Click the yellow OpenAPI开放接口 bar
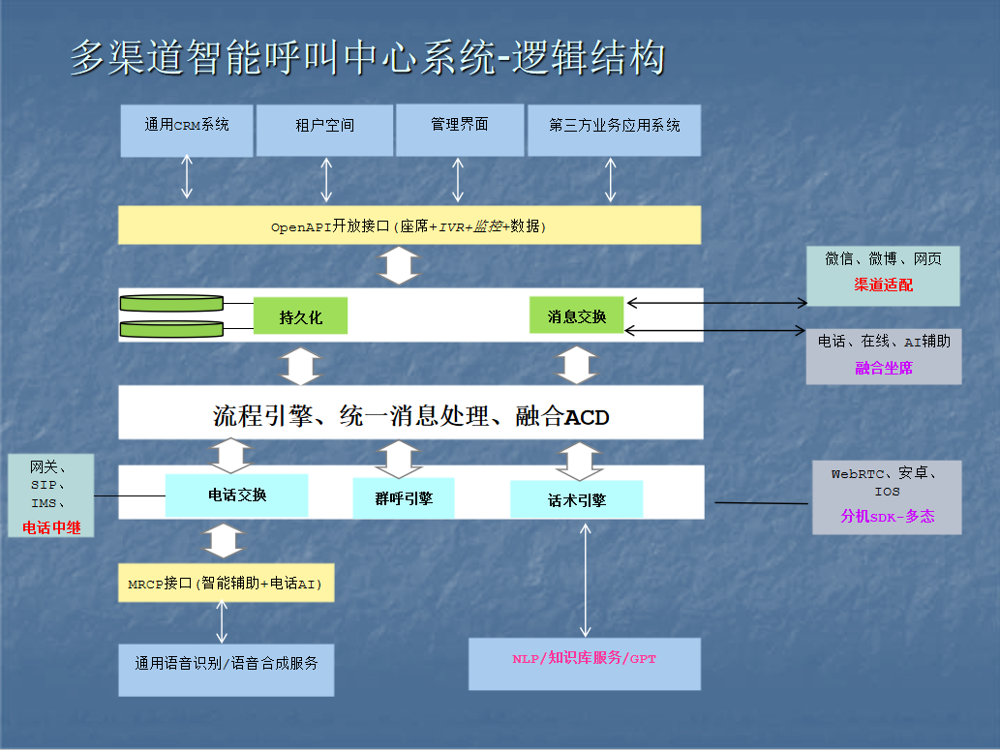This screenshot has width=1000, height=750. point(409,226)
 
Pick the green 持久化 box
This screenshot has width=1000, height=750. point(300,316)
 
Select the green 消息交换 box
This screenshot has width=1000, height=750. point(577,315)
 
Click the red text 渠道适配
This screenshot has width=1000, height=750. point(883,285)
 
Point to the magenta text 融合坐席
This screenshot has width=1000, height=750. point(884,368)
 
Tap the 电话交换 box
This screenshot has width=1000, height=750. point(237,495)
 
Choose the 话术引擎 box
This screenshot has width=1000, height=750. point(577,499)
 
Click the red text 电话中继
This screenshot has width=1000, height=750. point(51,528)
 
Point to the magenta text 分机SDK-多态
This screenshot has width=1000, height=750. point(888,516)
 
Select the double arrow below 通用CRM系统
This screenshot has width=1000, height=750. point(187,178)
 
